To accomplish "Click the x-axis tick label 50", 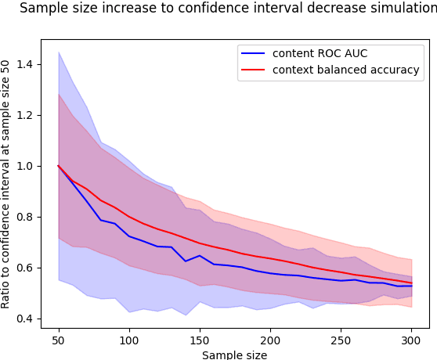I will pos(58,340).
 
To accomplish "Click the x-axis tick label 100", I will pos(128,340).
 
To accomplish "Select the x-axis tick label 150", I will pos(200,340).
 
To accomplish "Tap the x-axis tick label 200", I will pos(270,340).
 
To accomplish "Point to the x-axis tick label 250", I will pos(341,340).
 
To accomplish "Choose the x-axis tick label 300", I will pos(412,340).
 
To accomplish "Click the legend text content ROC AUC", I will pos(320,54).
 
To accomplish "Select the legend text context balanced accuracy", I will pos(345,70).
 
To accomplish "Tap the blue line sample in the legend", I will pos(254,54).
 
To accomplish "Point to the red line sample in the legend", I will pos(254,70).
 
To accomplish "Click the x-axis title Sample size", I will pos(234,355).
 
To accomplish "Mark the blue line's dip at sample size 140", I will pos(186,261).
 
